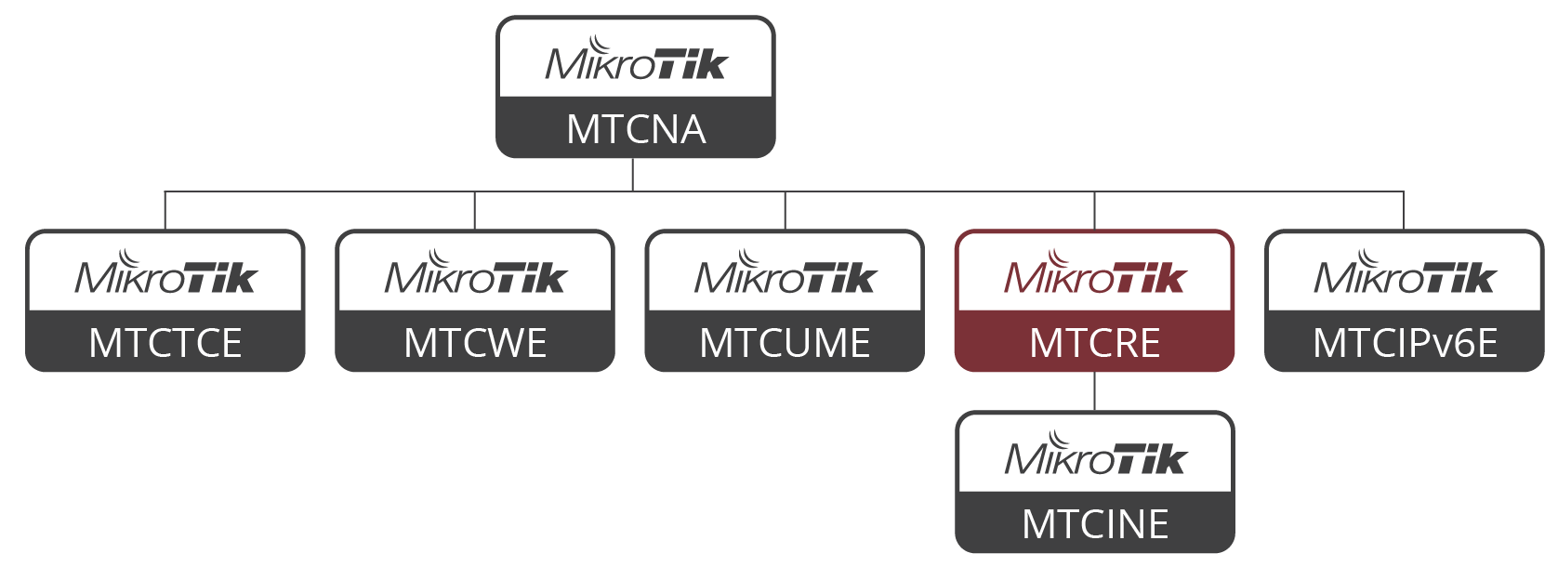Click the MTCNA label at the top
(x=636, y=129)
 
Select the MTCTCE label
(x=165, y=343)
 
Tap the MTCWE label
(x=475, y=343)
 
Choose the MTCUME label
(x=785, y=343)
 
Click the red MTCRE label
(x=1095, y=343)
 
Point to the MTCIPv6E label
(x=1405, y=343)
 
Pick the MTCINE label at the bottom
(x=1095, y=524)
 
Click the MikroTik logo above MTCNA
(x=636, y=59)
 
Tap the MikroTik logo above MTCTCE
(x=165, y=272)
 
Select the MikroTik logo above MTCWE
(x=475, y=272)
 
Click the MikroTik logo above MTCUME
(x=785, y=272)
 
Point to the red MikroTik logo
(x=1095, y=272)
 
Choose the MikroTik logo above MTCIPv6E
(x=1405, y=272)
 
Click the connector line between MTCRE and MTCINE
(x=1095, y=391)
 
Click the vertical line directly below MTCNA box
(x=633, y=175)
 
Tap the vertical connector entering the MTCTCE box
(x=165, y=210)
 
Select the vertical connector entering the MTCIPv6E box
(x=1404, y=210)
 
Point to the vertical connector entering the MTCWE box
(x=475, y=210)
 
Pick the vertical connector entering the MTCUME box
(x=786, y=210)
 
